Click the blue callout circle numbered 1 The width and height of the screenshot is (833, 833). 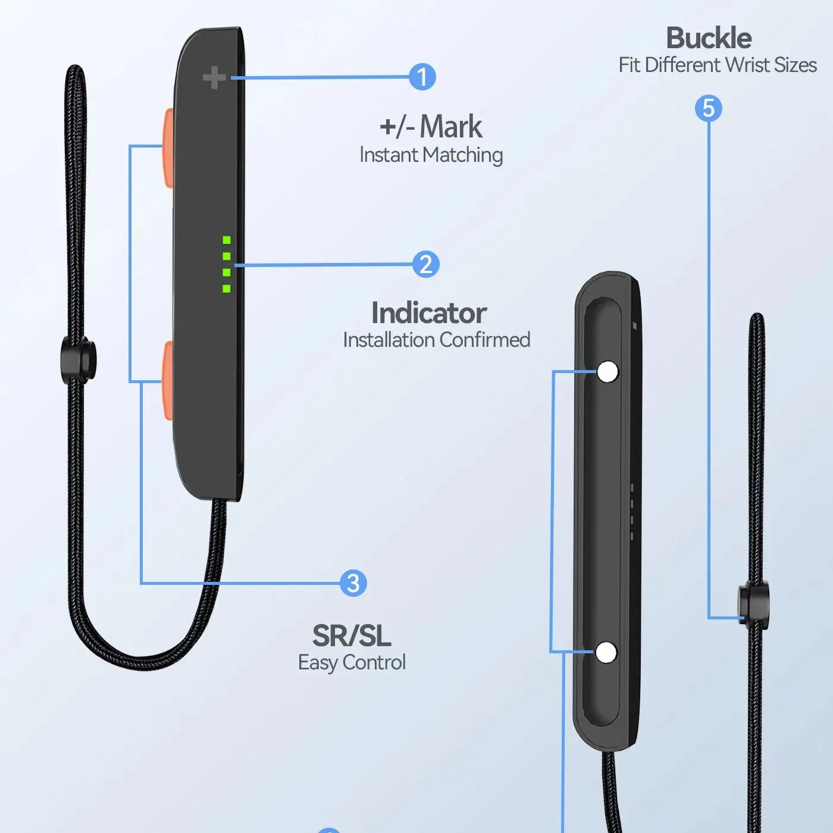(x=422, y=77)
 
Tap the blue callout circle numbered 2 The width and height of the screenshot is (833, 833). (x=425, y=265)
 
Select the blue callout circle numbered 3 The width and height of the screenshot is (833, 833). (x=353, y=583)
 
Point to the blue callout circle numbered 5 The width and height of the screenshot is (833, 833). (x=708, y=108)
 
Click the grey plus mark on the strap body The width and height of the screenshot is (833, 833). (x=214, y=78)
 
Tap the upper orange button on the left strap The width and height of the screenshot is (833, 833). (x=167, y=146)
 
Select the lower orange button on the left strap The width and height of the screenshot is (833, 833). (x=167, y=380)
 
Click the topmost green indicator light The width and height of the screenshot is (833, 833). (x=227, y=240)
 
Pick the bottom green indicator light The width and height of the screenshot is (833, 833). (x=227, y=289)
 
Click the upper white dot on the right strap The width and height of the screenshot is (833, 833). (x=607, y=372)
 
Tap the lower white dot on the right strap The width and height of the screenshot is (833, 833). (x=606, y=653)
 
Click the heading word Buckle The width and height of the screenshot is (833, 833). (x=708, y=38)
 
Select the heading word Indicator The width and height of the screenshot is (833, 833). (x=428, y=313)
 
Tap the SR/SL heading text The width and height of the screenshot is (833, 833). (x=352, y=635)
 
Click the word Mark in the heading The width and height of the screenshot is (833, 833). (x=451, y=126)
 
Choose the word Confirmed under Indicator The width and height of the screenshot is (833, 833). (x=484, y=340)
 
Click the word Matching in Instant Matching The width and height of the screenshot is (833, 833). (x=463, y=155)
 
